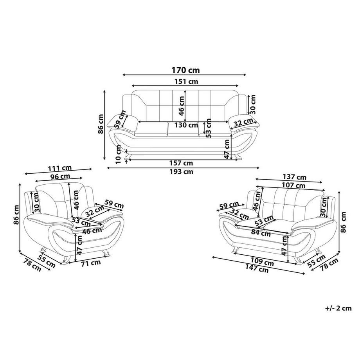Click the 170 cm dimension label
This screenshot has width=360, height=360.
[185, 70]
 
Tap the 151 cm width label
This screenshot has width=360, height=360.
[186, 81]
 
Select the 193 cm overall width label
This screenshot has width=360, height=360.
[182, 172]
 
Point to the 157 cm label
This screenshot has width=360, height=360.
[181, 163]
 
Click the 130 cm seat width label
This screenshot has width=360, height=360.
[186, 125]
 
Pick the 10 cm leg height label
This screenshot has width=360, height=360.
[119, 154]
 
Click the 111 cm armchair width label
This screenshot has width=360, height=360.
[60, 168]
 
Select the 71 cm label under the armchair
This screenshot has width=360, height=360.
[91, 263]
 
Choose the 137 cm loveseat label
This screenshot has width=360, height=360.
[295, 177]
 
